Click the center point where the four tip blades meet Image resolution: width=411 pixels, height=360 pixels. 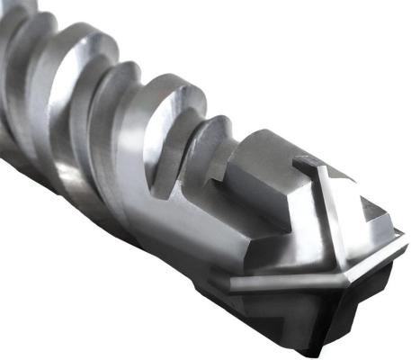(x=334, y=262)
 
